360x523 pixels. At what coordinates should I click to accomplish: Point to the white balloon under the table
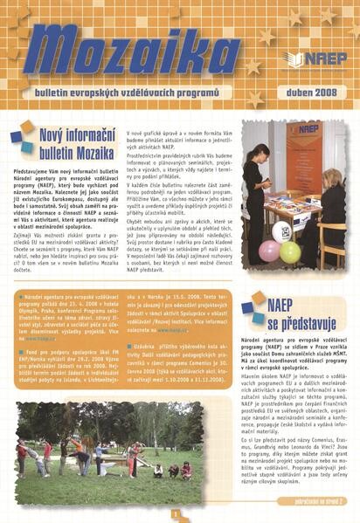(x=281, y=231)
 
